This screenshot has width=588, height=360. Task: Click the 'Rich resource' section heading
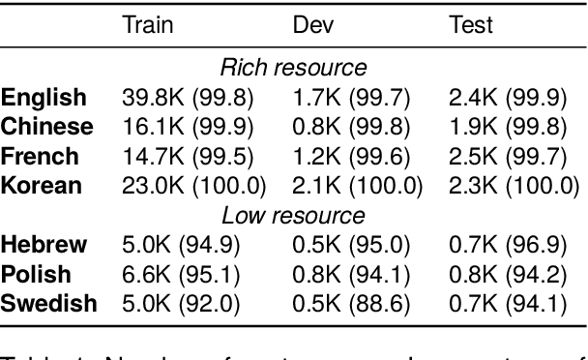[294, 68]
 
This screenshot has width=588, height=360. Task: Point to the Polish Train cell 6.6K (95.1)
[181, 274]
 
